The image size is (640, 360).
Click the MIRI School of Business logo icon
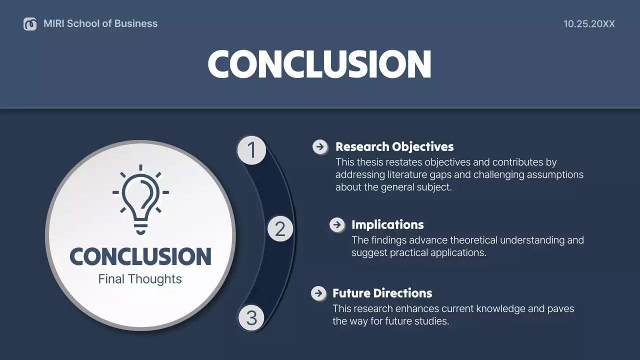tap(30, 24)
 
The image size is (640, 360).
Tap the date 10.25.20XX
tap(589, 24)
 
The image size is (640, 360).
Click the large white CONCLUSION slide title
tap(319, 64)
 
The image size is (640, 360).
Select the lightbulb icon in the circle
tap(140, 200)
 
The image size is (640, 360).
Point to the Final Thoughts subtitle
tap(140, 279)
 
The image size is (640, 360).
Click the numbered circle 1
tap(251, 150)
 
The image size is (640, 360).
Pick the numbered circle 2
tap(280, 229)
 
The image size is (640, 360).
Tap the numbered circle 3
tap(251, 318)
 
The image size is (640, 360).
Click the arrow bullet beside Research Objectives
tap(320, 147)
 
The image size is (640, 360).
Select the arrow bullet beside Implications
tap(337, 225)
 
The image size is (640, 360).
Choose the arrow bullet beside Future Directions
tap(318, 293)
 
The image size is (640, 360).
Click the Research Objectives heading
tap(394, 147)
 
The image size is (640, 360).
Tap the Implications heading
tap(387, 225)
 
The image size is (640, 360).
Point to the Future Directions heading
tap(382, 293)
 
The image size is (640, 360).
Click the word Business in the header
tap(136, 23)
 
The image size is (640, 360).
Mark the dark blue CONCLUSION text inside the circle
tap(140, 256)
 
